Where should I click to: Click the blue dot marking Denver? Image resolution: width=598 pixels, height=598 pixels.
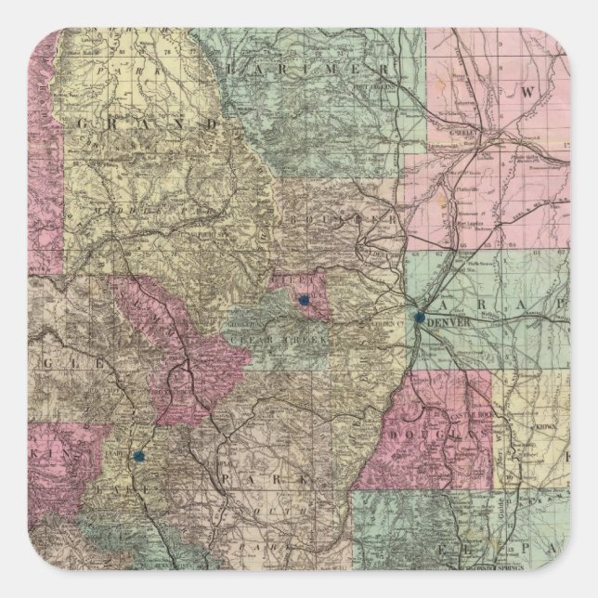pyautogui.click(x=421, y=317)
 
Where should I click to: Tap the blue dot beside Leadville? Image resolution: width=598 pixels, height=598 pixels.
pyautogui.click(x=138, y=456)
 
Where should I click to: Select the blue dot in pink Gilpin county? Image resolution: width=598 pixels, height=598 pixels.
pyautogui.click(x=303, y=300)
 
